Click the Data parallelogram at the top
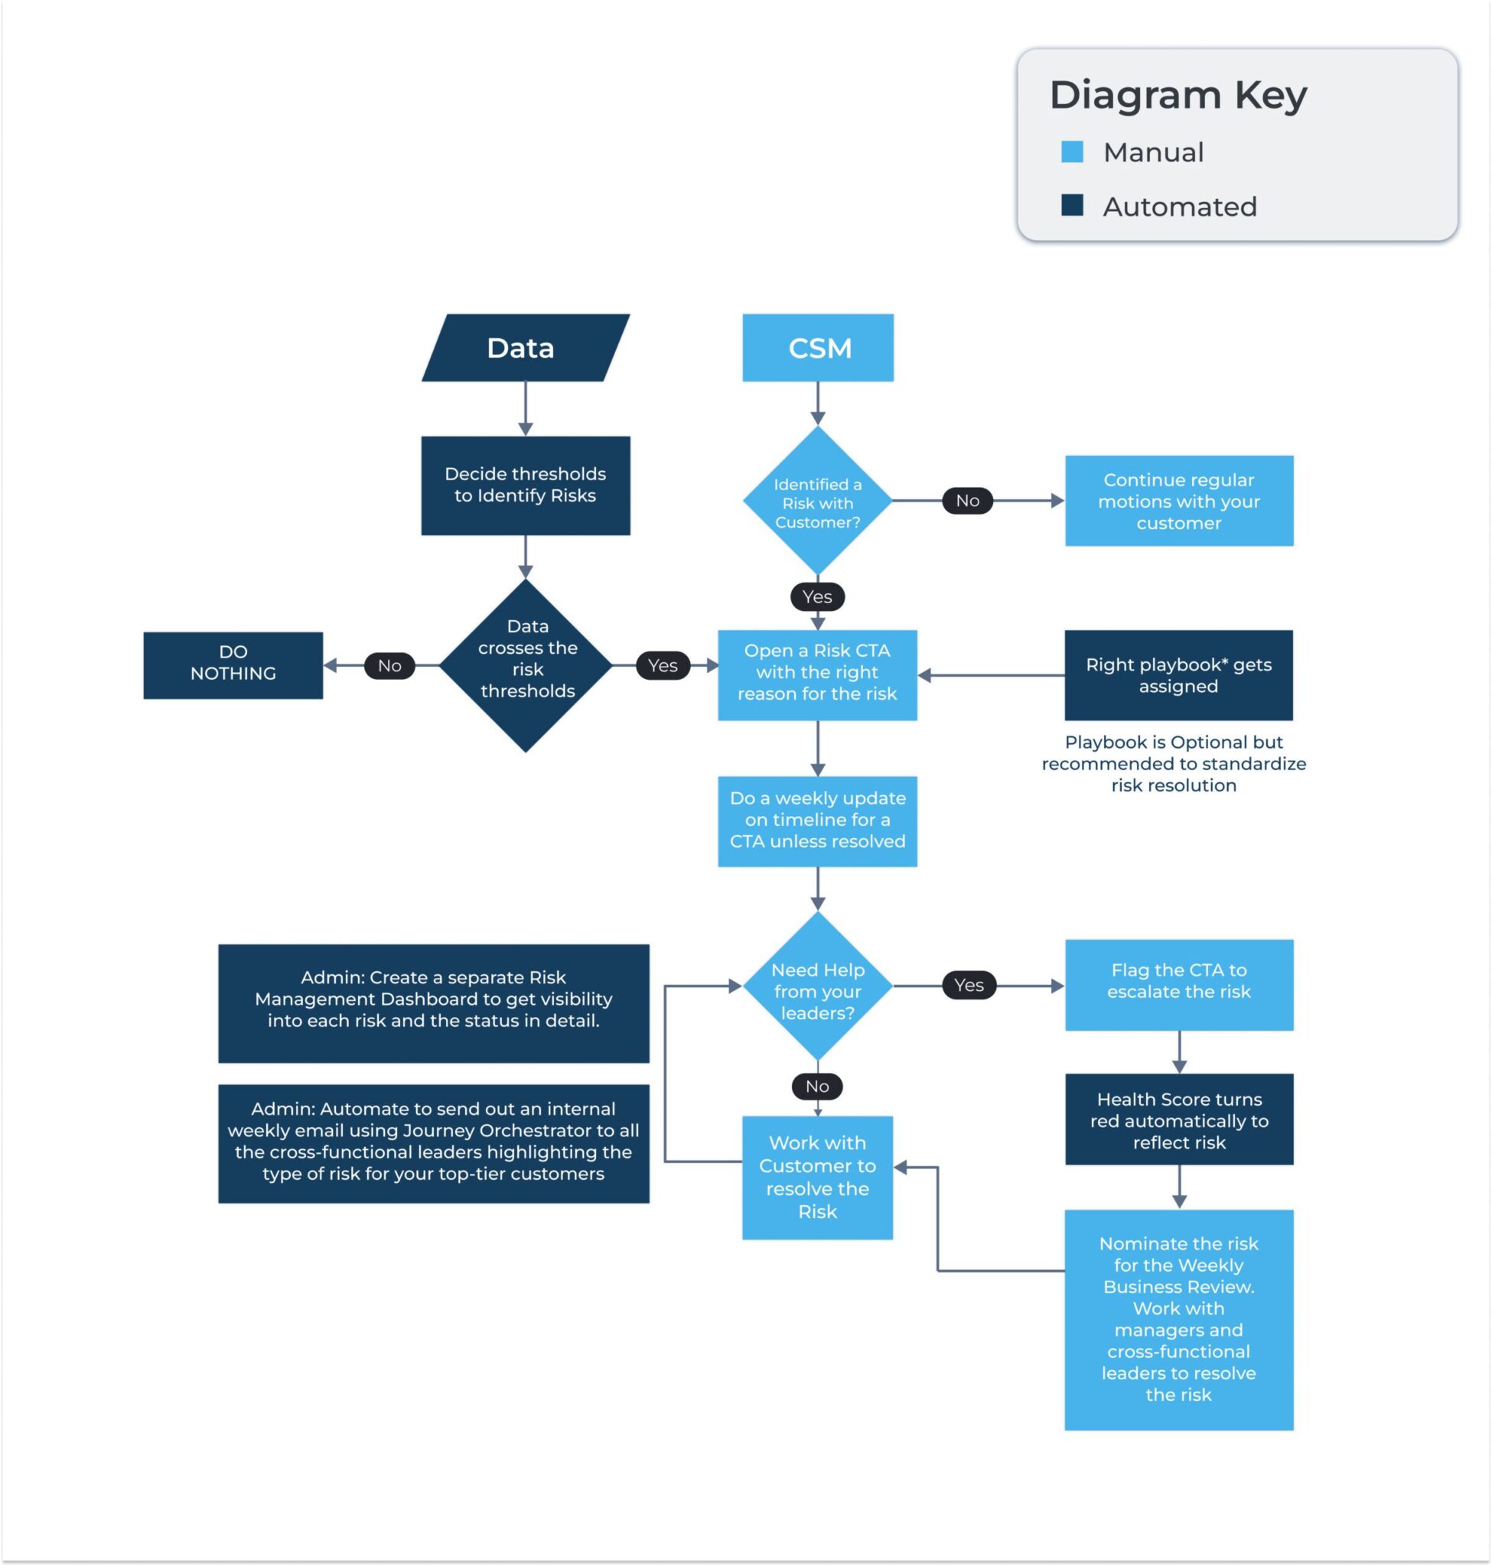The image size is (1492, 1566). [525, 347]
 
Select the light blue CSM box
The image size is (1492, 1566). [818, 347]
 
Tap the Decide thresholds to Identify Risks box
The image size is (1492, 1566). [525, 485]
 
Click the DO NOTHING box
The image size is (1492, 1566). [233, 665]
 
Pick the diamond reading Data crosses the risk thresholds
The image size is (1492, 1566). [526, 665]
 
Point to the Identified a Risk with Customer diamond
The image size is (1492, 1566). [818, 501]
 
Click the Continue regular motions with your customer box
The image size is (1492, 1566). [1178, 501]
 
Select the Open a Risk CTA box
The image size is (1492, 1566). [818, 675]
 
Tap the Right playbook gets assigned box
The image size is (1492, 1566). [1178, 675]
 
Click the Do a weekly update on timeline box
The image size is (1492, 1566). [818, 821]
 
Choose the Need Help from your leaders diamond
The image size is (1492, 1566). [818, 986]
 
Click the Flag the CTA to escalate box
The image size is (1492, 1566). [1178, 985]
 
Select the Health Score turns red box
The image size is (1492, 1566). [1178, 1119]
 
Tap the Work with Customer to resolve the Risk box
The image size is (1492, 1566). [818, 1178]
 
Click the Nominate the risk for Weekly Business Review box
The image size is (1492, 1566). [1178, 1320]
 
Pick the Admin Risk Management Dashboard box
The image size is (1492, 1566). [433, 1003]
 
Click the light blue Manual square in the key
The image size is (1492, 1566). [1072, 152]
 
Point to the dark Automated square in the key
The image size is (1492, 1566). [1072, 206]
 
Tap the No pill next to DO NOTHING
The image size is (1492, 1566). [389, 665]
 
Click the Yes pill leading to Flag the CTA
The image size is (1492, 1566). [969, 985]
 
